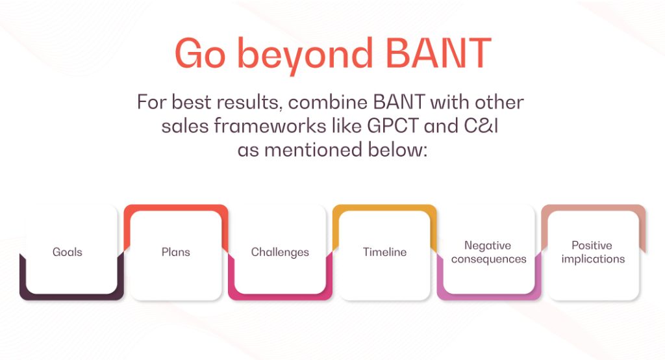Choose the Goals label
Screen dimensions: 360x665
coord(68,252)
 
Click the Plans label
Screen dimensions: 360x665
coord(175,252)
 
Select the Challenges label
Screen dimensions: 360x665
coord(280,252)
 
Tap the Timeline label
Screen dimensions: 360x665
coord(384,252)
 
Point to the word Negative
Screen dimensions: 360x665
coord(488,246)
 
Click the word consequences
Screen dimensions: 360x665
coord(488,259)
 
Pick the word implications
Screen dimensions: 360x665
coord(593,259)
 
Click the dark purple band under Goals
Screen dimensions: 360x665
coord(71,296)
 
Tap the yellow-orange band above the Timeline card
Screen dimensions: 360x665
coord(384,209)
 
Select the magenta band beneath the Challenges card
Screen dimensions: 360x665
coord(280,296)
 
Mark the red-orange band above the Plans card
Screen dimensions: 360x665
coord(175,209)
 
